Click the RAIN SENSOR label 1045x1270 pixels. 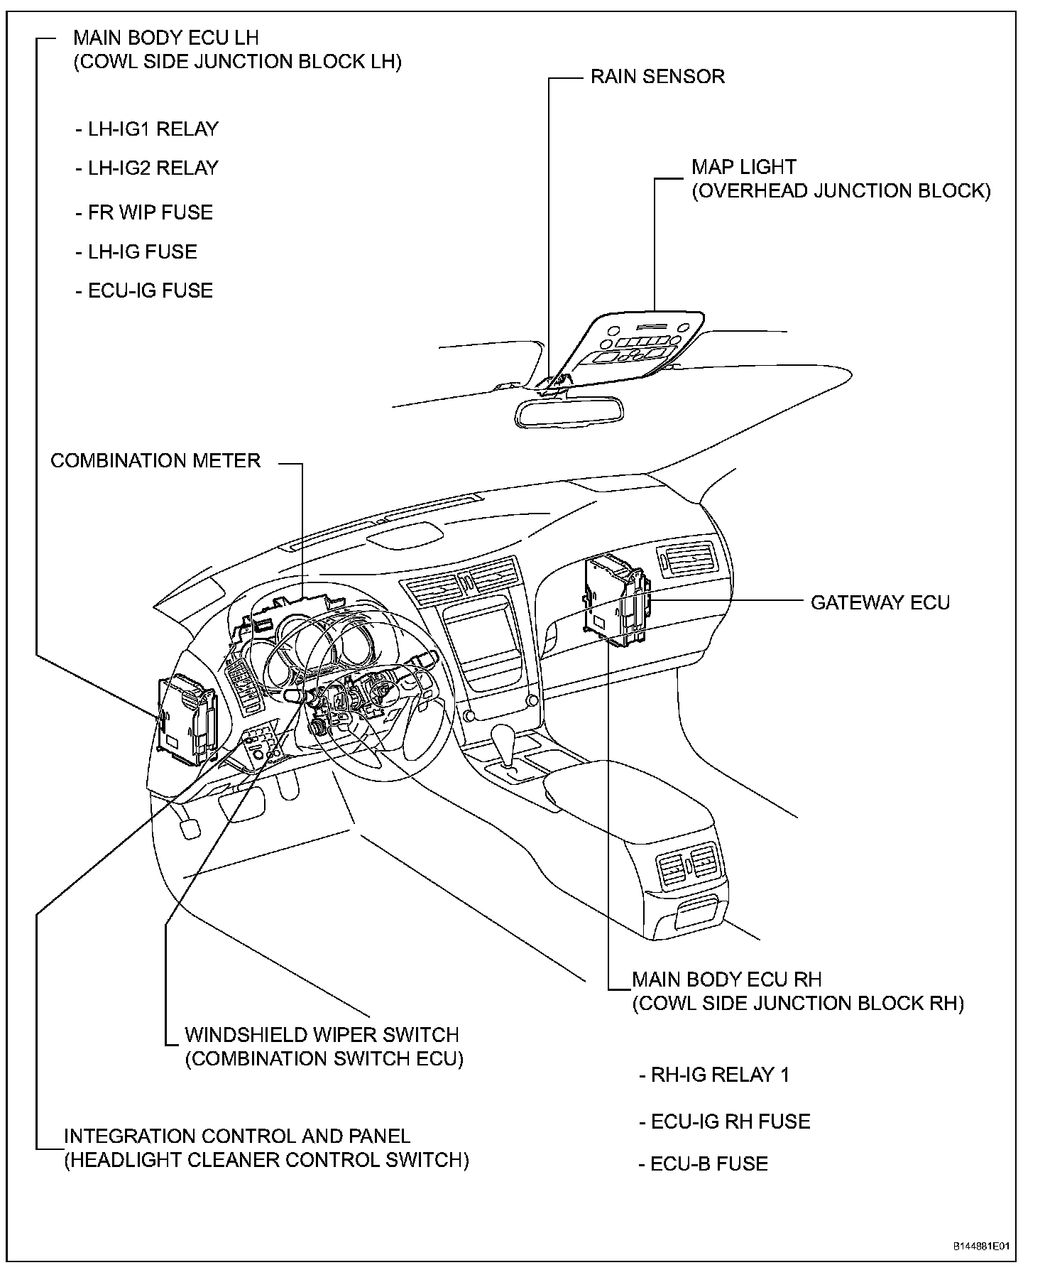point(657,77)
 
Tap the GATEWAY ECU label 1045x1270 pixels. point(880,603)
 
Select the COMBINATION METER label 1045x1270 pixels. point(155,461)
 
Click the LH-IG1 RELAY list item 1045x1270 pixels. point(147,129)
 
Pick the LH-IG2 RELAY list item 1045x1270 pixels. point(147,168)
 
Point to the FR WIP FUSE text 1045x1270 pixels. point(144,212)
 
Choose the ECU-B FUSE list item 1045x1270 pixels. point(704,1164)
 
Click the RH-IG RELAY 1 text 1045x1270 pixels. point(714,1075)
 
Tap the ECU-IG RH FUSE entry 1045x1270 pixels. point(725,1122)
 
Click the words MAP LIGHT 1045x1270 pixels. point(744,168)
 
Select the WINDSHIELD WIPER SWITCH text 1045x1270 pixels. point(322,1035)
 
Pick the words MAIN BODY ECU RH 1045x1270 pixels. point(726,979)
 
